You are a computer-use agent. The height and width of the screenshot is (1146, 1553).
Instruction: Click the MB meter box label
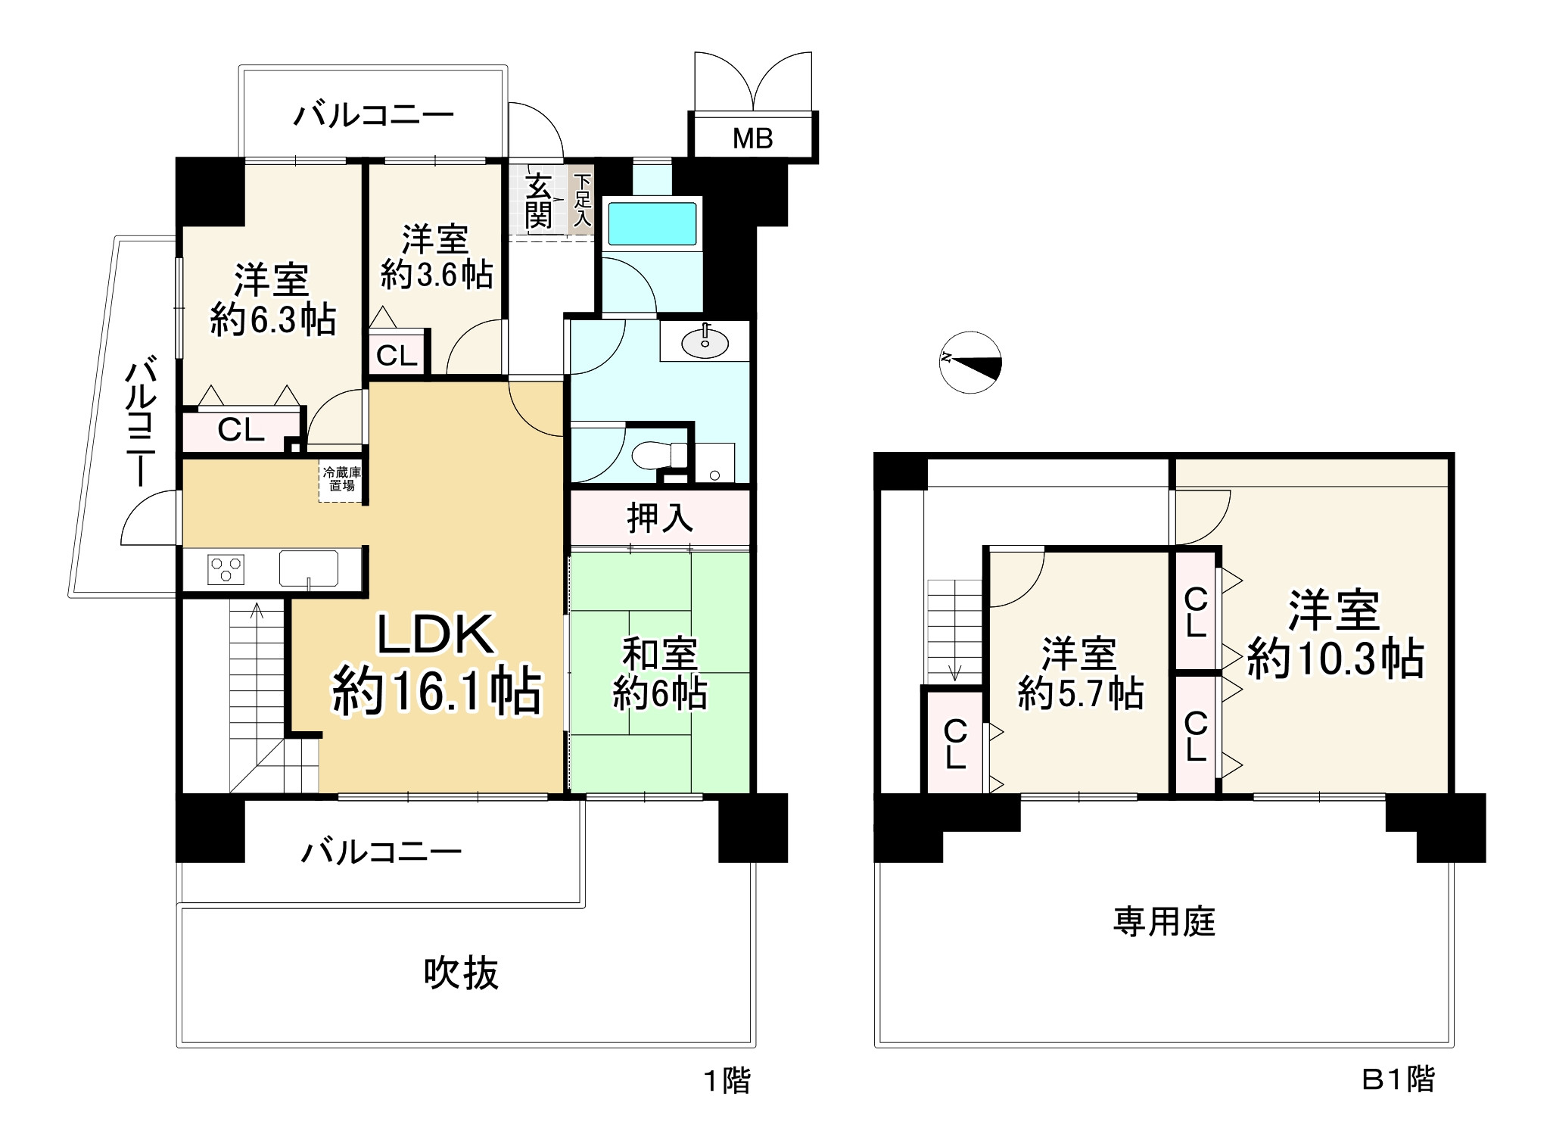click(752, 139)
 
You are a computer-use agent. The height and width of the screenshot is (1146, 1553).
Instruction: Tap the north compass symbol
click(971, 362)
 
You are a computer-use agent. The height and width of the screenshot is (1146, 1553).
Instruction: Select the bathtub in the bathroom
click(652, 222)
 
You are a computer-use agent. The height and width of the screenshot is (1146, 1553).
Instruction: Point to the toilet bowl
click(658, 456)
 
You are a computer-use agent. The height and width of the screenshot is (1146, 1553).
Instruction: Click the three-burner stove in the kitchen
click(226, 568)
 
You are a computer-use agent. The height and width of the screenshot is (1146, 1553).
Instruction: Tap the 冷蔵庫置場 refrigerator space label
click(341, 479)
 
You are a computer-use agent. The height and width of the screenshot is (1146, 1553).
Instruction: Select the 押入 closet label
click(659, 519)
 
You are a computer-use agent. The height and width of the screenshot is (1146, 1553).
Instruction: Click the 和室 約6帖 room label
click(659, 674)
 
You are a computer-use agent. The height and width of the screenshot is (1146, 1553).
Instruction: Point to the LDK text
click(436, 635)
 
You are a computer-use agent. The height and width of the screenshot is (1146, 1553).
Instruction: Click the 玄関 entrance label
click(539, 201)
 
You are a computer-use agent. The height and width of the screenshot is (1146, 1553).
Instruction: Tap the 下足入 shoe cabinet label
click(581, 201)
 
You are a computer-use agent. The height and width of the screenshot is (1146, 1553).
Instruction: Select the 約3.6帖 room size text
click(437, 274)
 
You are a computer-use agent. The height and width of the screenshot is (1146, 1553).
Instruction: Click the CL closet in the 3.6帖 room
click(397, 355)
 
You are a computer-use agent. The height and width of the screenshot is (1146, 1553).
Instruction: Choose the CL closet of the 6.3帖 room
click(241, 430)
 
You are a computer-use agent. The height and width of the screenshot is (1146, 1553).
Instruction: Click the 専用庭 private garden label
click(1164, 922)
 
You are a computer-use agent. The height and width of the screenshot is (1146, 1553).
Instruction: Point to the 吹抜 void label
click(461, 973)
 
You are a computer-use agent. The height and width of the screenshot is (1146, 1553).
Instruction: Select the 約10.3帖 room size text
click(1335, 659)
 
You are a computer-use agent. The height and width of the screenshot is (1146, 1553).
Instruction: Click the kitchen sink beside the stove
click(309, 568)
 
